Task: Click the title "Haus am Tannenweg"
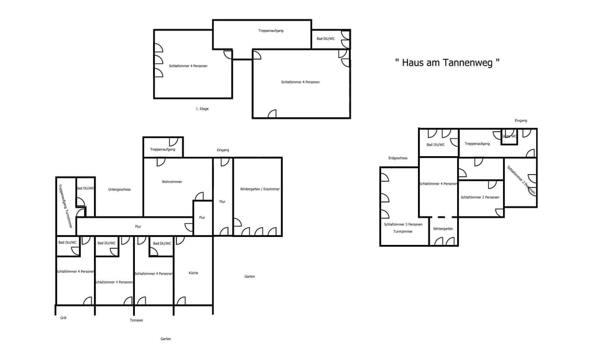point(447,63)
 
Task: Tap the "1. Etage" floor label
point(202,109)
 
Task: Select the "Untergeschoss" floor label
point(119,189)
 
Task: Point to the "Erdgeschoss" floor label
point(397,158)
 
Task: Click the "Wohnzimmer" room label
point(171,182)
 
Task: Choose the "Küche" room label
point(193,273)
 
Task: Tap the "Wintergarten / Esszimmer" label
point(260,189)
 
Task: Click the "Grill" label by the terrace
point(63,318)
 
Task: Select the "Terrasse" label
point(136,320)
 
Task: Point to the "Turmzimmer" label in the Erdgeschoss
point(403,231)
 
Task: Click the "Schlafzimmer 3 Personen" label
point(403,224)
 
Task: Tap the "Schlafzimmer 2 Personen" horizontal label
point(479,198)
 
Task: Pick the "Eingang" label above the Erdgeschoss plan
point(521,120)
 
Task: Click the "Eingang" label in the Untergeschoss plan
point(223,150)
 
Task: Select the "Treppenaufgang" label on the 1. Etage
point(271,30)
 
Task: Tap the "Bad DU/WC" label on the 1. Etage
point(326,39)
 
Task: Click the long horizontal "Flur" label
point(138,226)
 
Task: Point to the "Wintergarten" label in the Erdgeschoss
point(443,229)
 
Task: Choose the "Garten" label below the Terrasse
point(165,339)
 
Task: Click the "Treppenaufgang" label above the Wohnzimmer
point(163,150)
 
